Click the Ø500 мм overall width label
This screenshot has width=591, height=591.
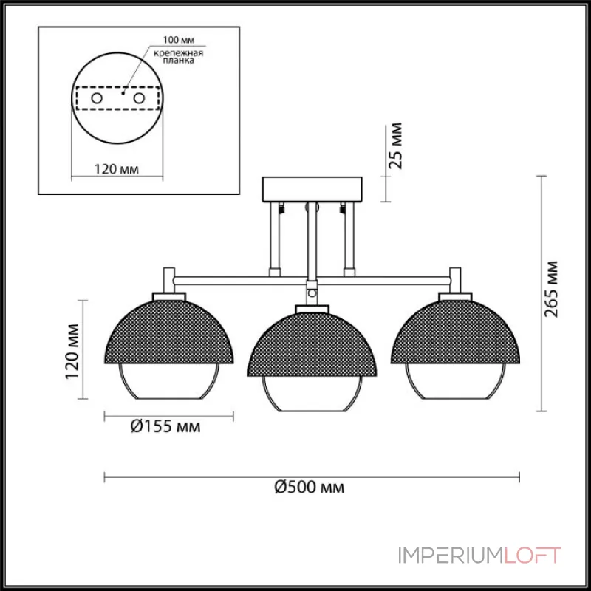point(309,487)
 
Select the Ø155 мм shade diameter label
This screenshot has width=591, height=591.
point(165,426)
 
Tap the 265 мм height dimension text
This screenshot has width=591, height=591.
point(550,289)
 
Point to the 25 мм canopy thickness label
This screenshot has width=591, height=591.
point(395,146)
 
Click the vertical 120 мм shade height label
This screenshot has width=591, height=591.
point(72,352)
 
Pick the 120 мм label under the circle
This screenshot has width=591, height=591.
point(117,169)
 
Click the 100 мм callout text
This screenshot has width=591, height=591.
point(179,40)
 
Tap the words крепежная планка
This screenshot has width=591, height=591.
point(179,57)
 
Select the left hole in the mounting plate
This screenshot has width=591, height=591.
point(97,98)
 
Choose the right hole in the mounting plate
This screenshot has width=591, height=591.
point(139,98)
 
